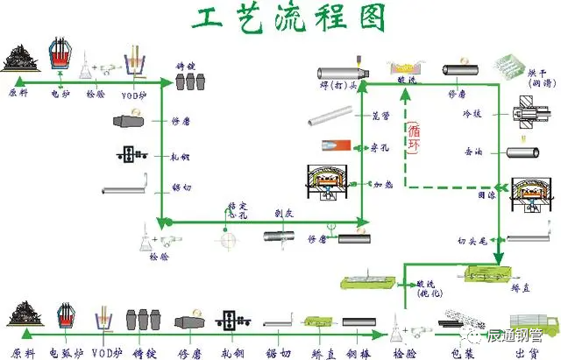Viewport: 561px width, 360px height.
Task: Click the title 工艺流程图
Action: (x=280, y=19)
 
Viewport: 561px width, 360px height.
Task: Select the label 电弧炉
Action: (x=65, y=352)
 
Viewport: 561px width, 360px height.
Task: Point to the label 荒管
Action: (x=380, y=116)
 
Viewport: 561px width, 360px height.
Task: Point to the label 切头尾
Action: (x=470, y=238)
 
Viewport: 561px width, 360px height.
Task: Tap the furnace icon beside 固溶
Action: (x=532, y=197)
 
